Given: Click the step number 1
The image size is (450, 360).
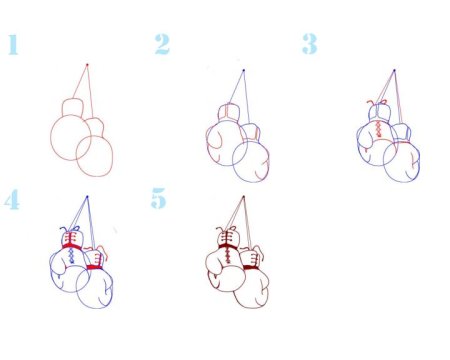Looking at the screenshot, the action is pos(13,45).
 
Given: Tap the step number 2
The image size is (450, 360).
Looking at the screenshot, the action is pos(162,44).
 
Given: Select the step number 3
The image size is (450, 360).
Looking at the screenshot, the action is pos(310,44).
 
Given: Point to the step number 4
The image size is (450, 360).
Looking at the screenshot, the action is pos(12,200).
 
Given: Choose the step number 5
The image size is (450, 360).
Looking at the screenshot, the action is pos(158,198).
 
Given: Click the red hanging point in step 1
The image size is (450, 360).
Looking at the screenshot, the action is pos(87,65).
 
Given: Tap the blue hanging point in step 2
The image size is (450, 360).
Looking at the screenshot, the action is pos(244,70).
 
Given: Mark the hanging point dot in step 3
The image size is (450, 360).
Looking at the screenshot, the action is pos(394,71).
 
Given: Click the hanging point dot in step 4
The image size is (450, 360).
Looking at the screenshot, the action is pos(87,197).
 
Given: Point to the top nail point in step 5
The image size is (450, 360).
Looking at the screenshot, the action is pos(243,197).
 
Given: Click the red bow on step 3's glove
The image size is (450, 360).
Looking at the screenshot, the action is pos(377,102).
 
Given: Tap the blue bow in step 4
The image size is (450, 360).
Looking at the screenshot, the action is pos(70,229).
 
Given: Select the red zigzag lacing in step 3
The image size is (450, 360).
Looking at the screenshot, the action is pos(379,129).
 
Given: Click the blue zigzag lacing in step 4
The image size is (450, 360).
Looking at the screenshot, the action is pos(72,256).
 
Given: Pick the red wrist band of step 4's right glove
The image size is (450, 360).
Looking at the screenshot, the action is pos(94,267).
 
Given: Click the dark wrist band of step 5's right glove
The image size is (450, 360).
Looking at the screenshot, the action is pos(251,267).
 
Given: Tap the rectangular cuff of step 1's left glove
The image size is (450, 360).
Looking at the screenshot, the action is pos(72,107).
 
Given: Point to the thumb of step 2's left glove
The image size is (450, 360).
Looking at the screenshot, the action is pos(214,139).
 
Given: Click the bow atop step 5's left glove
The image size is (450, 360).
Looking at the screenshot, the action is pos(226,229).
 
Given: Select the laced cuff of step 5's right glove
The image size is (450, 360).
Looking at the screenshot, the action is pos(250,258).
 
